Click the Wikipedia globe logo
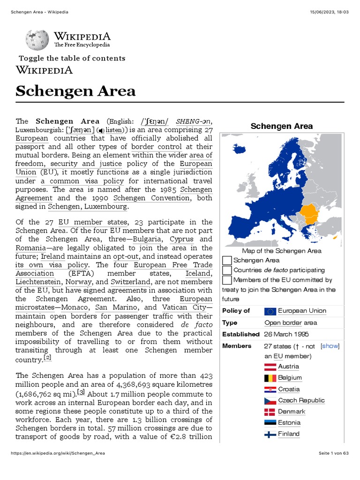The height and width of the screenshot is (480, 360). click(37, 40)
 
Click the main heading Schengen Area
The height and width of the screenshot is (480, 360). click(75, 90)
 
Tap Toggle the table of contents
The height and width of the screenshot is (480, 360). click(72, 58)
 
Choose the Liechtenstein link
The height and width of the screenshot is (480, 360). click(37, 282)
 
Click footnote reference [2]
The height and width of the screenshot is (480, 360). click(47, 358)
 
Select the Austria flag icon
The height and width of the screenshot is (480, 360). click(270, 367)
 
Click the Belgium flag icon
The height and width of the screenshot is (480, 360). click(270, 378)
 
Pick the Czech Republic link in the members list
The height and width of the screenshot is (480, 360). click(301, 400)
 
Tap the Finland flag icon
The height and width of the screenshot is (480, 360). click(270, 434)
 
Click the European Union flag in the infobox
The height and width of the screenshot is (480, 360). click(270, 311)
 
